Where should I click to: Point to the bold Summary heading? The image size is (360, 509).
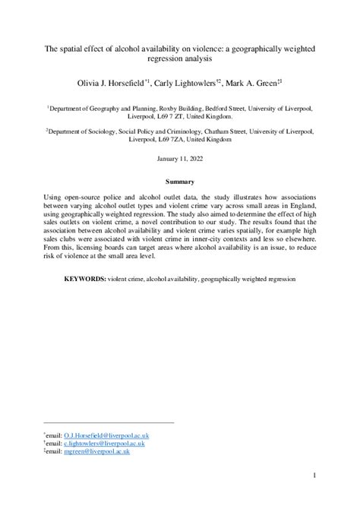[180, 182]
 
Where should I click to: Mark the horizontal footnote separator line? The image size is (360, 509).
[109, 422]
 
